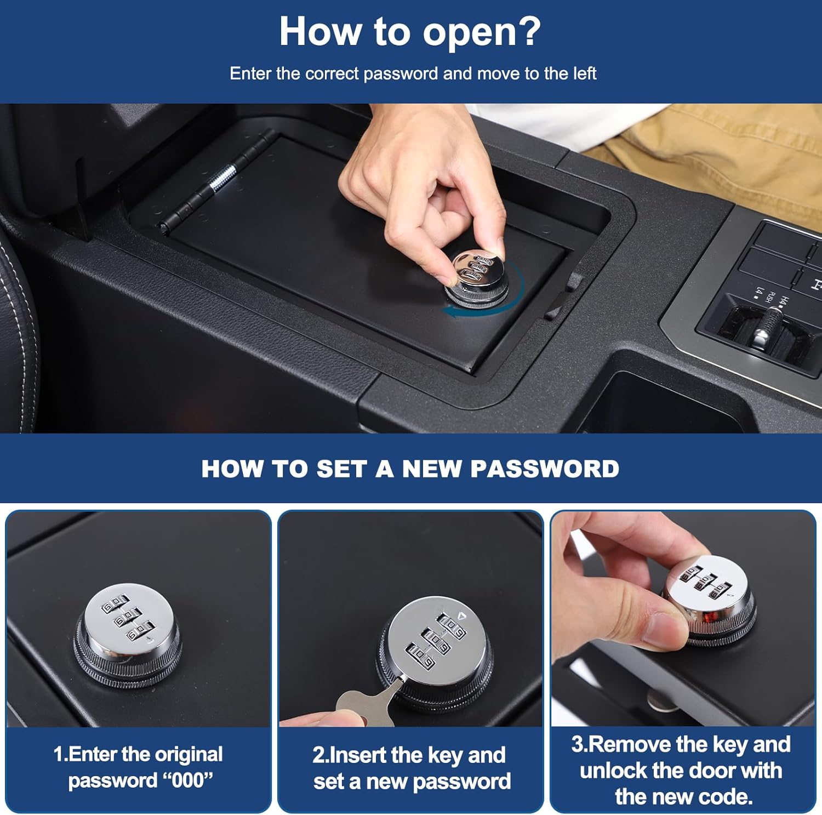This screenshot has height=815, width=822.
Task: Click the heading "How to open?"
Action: coord(410,32)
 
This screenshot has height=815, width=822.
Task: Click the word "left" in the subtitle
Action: coord(584,73)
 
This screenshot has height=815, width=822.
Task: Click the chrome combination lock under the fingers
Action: coord(477,277)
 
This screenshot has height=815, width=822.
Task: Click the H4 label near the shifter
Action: coord(784,301)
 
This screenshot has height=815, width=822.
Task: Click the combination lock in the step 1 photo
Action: coord(128,633)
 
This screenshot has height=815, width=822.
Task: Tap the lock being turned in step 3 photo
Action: coord(710,600)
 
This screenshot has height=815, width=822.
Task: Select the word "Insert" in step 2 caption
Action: coord(357,755)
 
